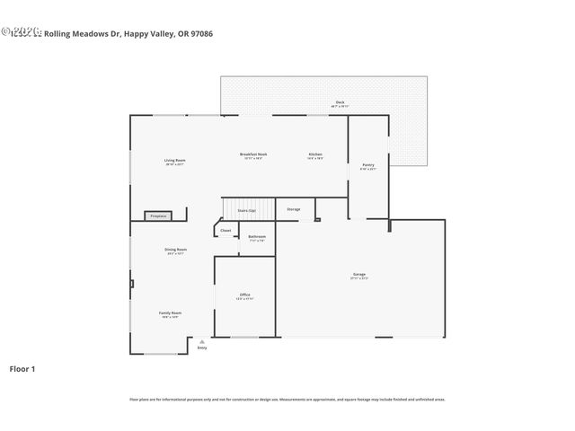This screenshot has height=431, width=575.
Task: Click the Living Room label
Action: (x=174, y=160)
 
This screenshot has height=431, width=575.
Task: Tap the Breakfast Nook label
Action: (x=252, y=154)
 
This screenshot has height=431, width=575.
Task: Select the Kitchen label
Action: (x=315, y=154)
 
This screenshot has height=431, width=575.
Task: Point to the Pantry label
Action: (x=368, y=164)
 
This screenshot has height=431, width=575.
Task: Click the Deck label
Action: (x=340, y=102)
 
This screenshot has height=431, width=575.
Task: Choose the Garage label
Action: (x=358, y=274)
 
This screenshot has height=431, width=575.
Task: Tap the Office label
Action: (x=244, y=295)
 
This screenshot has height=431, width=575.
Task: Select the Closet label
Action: (x=226, y=230)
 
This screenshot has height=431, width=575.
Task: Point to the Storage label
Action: (x=293, y=209)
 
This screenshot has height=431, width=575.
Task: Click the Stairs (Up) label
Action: (x=246, y=210)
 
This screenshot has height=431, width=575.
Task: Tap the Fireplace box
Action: (x=158, y=215)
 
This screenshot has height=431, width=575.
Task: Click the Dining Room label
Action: (x=175, y=249)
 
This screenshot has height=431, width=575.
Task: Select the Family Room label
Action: (x=170, y=312)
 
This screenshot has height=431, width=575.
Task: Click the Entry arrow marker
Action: (x=202, y=342)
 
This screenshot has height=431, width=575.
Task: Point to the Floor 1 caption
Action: (x=22, y=368)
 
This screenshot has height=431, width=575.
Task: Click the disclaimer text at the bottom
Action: (x=287, y=399)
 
